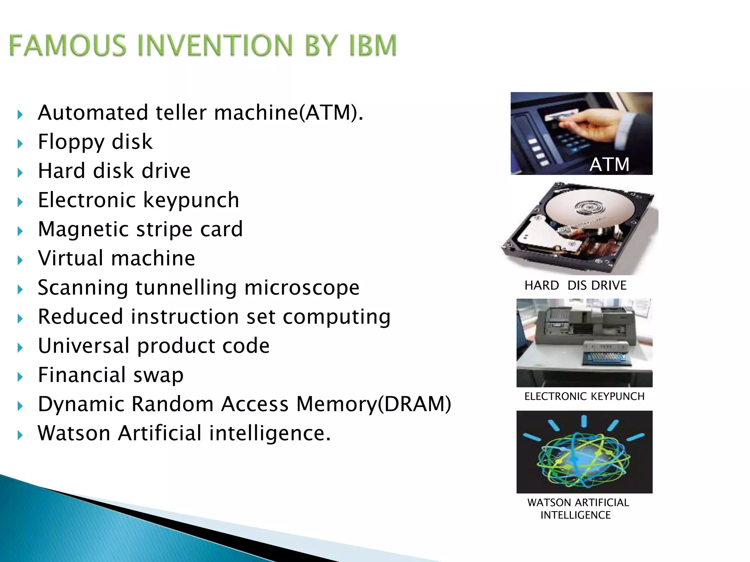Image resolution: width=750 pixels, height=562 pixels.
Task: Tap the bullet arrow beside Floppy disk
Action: [x=20, y=144]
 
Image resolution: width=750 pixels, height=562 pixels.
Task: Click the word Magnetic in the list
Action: [x=83, y=230]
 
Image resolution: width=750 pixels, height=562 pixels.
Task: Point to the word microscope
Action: [x=302, y=288]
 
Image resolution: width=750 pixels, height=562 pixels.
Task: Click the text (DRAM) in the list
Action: [x=414, y=404]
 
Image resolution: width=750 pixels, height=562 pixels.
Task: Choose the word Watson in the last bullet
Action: [x=74, y=433]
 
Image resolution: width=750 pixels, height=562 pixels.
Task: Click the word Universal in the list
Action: [x=84, y=346]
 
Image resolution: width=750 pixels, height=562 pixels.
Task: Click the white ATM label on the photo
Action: [x=609, y=164]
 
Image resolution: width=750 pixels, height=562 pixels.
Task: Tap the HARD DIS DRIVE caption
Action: [x=575, y=285]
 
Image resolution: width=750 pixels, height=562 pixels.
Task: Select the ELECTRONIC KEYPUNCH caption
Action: [x=584, y=396]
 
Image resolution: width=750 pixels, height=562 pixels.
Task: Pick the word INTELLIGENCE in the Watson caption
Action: [x=575, y=515]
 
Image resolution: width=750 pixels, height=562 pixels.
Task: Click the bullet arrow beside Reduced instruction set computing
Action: [x=20, y=319]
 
